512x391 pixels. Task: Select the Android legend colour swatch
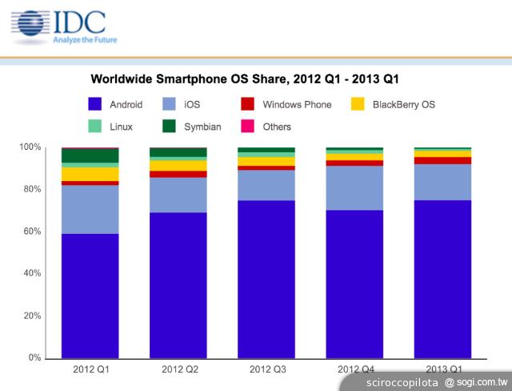(94, 104)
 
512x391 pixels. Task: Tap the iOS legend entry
(181, 104)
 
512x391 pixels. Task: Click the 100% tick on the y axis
(30, 147)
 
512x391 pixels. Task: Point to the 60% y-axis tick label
(32, 232)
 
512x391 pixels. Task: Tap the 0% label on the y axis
(35, 358)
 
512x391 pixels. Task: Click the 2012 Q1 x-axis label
(90, 369)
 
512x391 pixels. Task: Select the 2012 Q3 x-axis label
(266, 369)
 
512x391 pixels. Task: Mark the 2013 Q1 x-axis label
(442, 369)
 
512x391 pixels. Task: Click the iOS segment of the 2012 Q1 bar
(90, 209)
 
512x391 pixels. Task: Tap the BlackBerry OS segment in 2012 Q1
(90, 174)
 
